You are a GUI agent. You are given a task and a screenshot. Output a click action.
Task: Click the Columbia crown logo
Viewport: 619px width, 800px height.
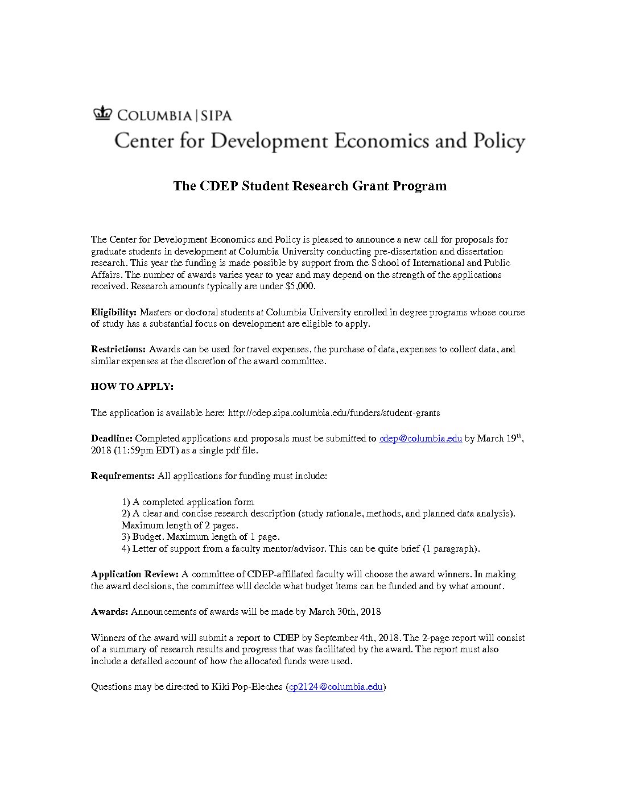[x=102, y=114]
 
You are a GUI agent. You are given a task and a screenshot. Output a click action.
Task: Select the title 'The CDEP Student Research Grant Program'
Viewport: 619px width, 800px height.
[x=309, y=186]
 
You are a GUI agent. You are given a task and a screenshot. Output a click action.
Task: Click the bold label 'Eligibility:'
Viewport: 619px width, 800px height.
[x=114, y=312]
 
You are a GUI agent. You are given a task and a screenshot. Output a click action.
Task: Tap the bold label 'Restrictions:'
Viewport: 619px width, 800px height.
[x=118, y=349]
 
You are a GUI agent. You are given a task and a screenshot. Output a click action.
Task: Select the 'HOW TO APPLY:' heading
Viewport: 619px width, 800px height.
[x=132, y=386]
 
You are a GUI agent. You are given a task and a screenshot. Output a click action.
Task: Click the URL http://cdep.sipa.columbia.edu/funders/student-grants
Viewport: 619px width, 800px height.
[x=334, y=413]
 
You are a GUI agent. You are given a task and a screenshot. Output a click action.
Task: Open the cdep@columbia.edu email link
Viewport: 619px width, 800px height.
[x=420, y=439]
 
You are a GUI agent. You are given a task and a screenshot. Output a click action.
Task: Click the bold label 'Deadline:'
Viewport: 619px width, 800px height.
[x=112, y=439]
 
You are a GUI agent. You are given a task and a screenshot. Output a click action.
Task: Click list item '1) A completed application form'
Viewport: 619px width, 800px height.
[x=188, y=502]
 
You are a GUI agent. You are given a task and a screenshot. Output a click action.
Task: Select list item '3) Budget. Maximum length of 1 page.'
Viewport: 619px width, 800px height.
[x=200, y=536]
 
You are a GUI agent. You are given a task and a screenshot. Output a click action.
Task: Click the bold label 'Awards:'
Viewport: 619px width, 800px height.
[x=109, y=611]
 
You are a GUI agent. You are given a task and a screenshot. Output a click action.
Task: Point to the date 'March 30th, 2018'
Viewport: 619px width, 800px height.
[x=345, y=611]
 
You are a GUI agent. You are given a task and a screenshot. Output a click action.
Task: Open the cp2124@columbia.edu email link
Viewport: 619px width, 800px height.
[x=336, y=686]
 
